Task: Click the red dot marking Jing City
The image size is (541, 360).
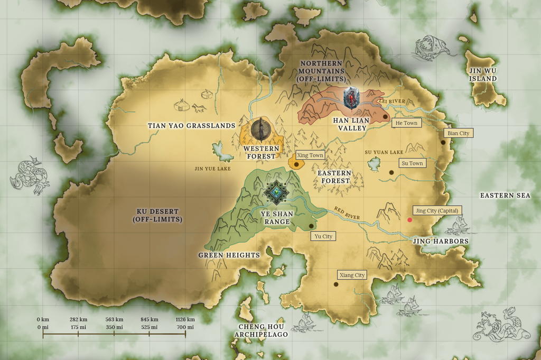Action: [x=409, y=220]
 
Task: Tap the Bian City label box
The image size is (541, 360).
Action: [x=458, y=133]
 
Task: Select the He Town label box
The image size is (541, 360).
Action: [x=406, y=123]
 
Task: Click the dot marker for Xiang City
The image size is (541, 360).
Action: [x=335, y=284]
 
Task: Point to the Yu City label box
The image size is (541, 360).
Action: [x=323, y=236]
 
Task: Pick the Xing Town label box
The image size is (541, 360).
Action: [x=310, y=155]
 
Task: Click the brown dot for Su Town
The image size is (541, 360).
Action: [x=391, y=172]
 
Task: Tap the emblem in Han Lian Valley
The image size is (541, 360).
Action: [x=351, y=98]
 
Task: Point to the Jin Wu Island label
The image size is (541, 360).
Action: [x=483, y=75]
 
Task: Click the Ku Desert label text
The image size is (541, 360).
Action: [x=158, y=215]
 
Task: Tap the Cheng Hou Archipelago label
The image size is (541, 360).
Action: [x=262, y=330]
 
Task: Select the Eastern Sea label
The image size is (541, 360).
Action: [x=505, y=196]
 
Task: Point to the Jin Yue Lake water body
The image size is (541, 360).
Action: [x=222, y=152]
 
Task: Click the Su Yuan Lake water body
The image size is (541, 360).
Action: [x=374, y=164]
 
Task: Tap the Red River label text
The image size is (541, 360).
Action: [x=347, y=213]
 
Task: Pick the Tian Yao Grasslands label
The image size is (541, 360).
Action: [x=191, y=126]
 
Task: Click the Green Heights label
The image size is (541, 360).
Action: [x=229, y=255]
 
